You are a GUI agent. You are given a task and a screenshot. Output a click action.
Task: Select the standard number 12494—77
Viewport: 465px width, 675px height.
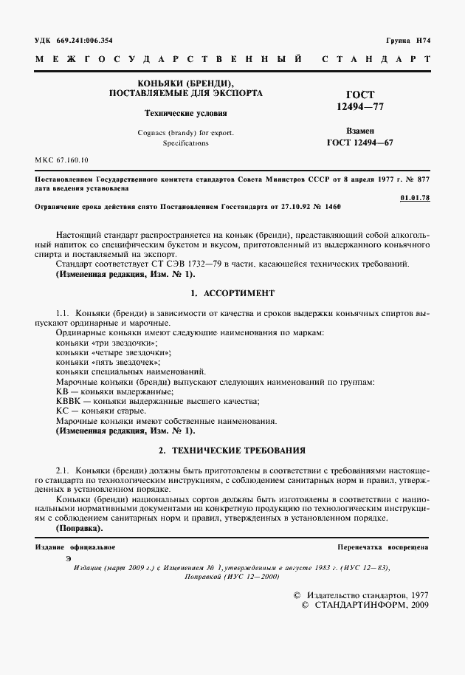[359, 107]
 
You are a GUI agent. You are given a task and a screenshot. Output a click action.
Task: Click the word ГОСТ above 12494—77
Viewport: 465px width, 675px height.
[359, 95]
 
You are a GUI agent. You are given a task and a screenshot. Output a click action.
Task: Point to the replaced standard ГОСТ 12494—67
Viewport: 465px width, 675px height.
[359, 143]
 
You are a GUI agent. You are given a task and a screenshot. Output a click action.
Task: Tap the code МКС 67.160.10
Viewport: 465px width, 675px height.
[61, 160]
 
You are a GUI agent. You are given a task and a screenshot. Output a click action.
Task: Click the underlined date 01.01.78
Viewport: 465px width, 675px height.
[415, 197]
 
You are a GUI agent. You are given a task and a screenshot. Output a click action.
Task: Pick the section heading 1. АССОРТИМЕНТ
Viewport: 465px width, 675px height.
[232, 293]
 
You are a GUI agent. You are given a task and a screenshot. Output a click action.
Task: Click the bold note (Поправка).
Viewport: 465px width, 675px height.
[80, 528]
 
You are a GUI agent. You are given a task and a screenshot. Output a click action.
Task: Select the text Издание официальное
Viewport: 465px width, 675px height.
[75, 546]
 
